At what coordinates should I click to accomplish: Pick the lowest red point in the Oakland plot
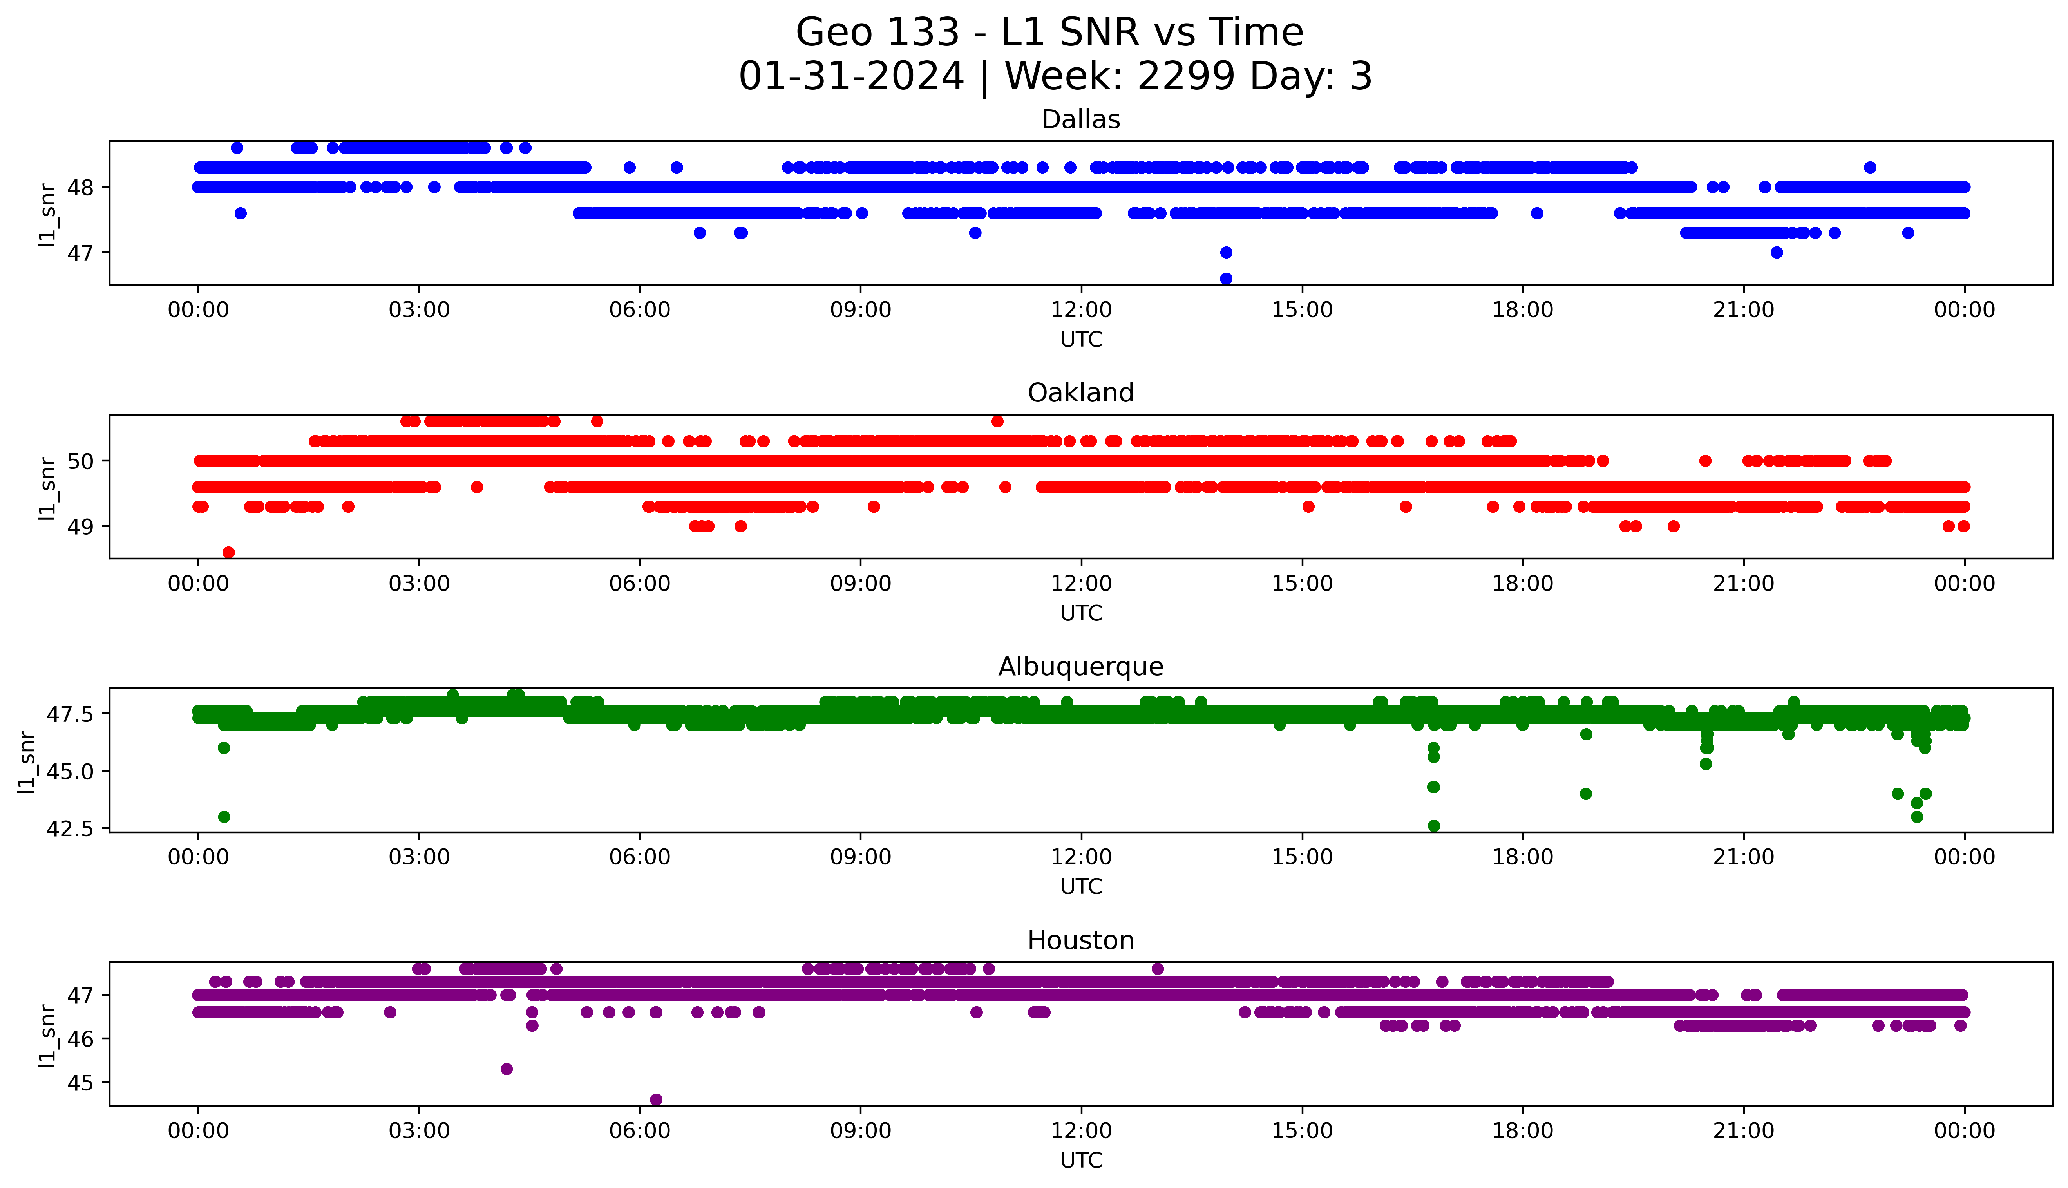[x=228, y=552]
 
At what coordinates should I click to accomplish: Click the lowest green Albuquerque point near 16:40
[x=1433, y=826]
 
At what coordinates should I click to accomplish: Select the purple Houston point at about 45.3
[x=506, y=1069]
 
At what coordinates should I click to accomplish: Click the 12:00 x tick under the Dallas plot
[x=1081, y=310]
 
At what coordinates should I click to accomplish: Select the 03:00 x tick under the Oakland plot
[x=419, y=583]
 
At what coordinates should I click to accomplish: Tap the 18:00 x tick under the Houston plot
[x=1522, y=1131]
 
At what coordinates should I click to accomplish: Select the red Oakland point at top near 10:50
[x=997, y=421]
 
